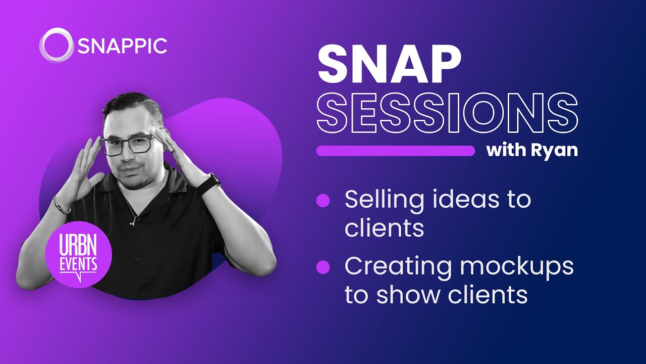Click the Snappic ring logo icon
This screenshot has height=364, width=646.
56,45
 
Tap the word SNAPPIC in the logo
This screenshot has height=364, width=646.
122,46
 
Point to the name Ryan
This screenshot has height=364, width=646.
554,151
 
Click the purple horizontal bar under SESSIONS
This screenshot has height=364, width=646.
395,151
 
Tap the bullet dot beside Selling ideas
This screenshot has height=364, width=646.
322,201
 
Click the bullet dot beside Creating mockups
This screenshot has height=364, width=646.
322,266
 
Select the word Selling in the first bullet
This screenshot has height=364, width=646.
383,200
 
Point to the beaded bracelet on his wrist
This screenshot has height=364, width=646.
62,206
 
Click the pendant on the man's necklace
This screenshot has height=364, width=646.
133,220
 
